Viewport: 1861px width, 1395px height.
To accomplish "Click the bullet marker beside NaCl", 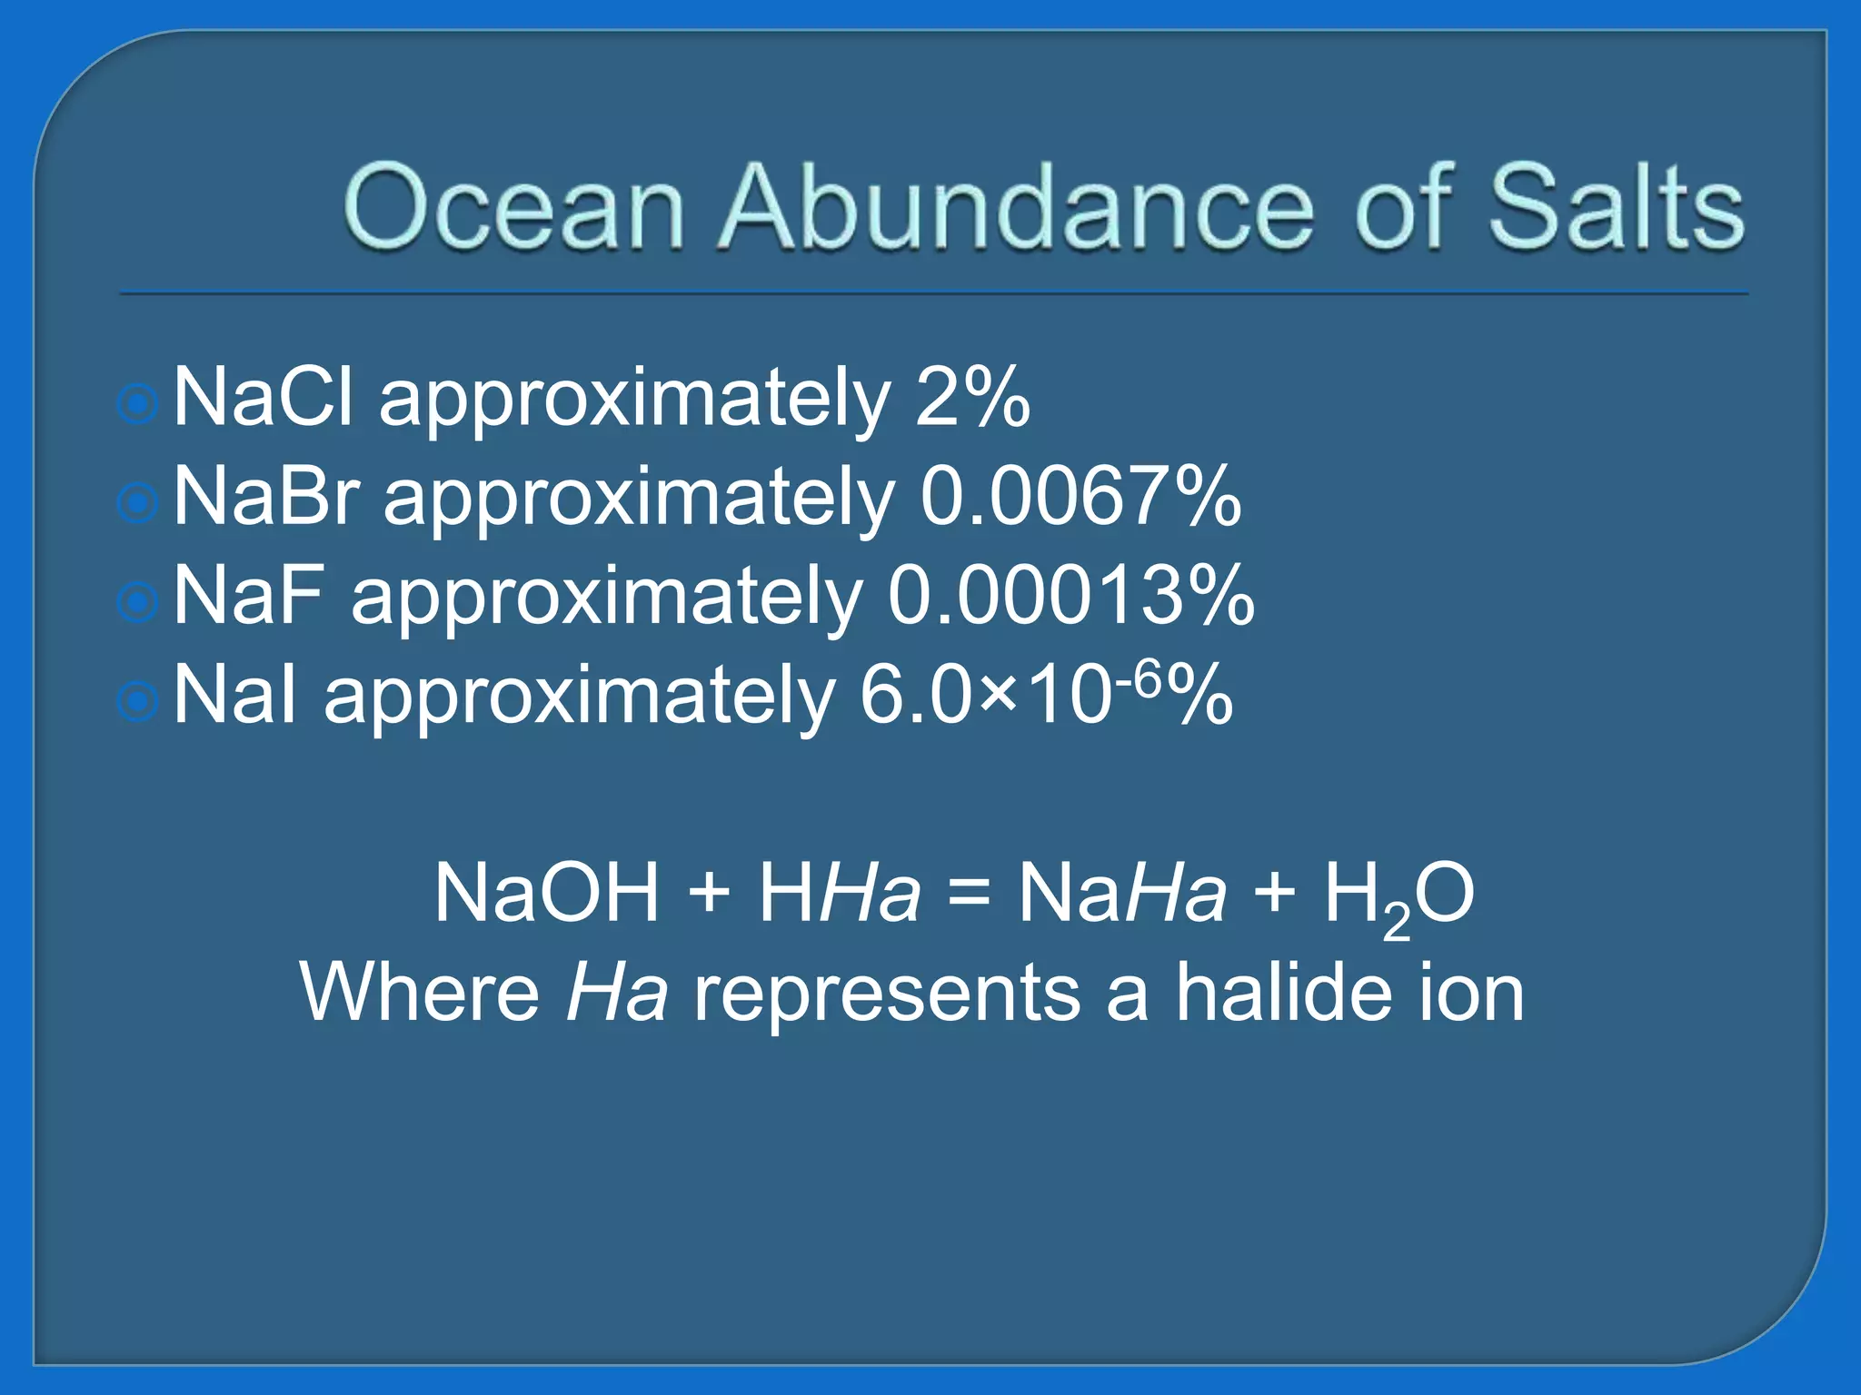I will [x=139, y=403].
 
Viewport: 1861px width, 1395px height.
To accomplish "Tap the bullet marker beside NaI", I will [x=139, y=700].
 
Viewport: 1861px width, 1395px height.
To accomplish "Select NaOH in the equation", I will [x=546, y=893].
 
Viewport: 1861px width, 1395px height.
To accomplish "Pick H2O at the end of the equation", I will [x=1398, y=895].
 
